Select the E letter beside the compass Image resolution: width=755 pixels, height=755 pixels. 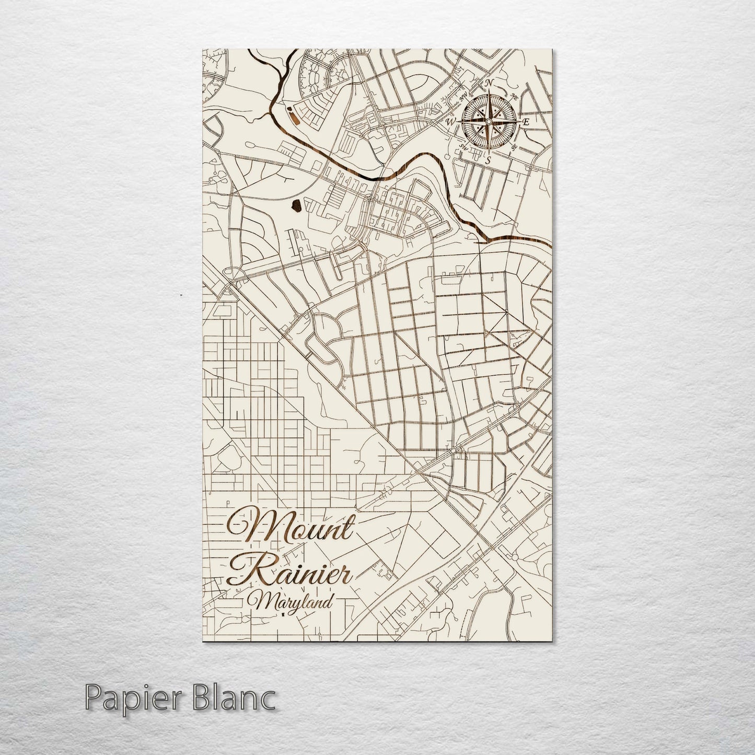(526, 122)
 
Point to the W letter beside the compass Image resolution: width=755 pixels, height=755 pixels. (450, 122)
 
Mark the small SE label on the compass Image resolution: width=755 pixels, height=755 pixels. (514, 147)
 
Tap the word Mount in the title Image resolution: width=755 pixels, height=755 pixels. (290, 529)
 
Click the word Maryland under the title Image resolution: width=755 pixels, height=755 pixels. (293, 602)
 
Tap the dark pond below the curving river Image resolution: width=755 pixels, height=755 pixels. (296, 207)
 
